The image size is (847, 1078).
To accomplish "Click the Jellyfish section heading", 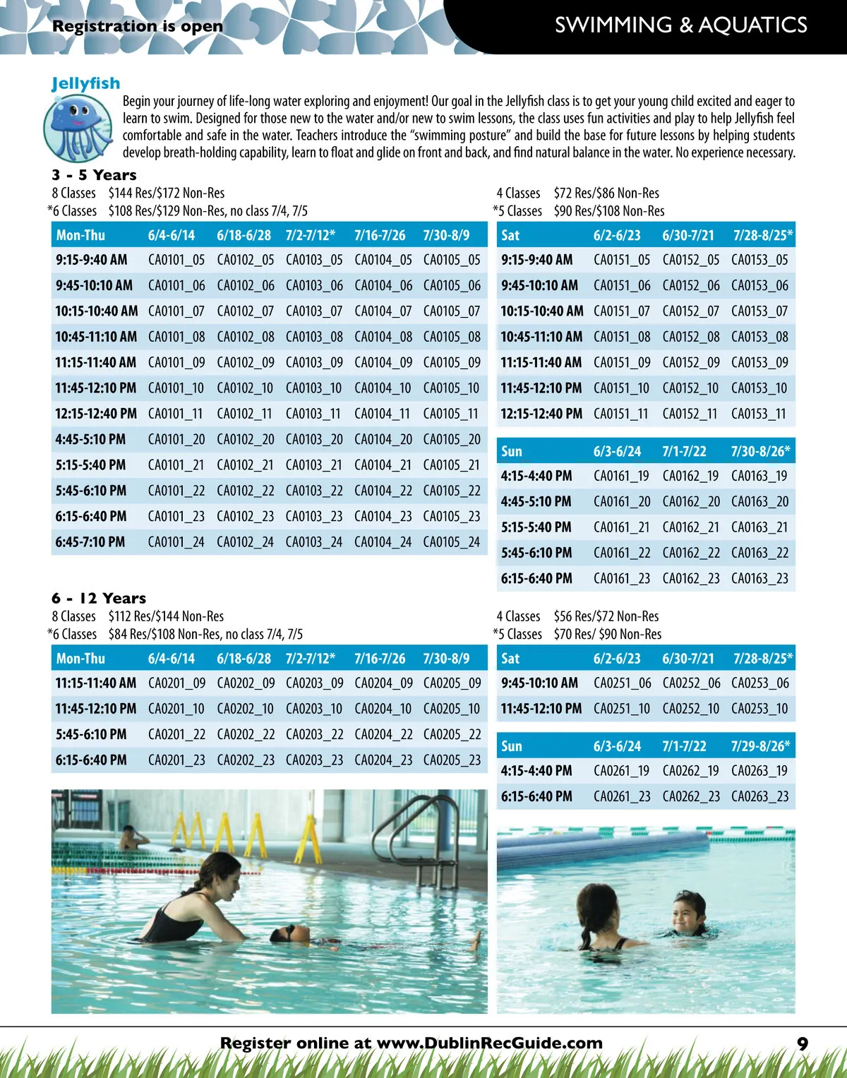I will [86, 83].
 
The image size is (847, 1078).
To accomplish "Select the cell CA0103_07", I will [314, 311].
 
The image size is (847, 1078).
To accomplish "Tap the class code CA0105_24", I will [452, 542].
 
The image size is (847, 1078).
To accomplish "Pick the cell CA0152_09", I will [691, 363].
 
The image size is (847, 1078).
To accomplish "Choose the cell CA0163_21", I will [759, 527].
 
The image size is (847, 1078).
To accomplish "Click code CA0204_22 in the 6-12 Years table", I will [383, 735].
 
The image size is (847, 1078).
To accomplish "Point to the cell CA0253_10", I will [759, 709].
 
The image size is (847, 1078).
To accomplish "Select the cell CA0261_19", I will [622, 771].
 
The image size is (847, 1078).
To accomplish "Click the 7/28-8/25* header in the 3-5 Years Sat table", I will [762, 236].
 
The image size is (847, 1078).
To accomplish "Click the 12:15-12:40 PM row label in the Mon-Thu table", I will [96, 414].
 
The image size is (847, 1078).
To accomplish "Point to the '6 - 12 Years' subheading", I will [99, 598].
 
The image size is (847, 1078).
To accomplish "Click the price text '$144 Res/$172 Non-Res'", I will [167, 193].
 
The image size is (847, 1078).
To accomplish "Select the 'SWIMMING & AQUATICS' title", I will [680, 25].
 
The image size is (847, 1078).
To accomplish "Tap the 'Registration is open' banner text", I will [138, 27].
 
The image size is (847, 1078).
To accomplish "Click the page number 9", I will [803, 1043].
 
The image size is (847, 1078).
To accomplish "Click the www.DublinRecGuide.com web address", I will [490, 1043].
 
